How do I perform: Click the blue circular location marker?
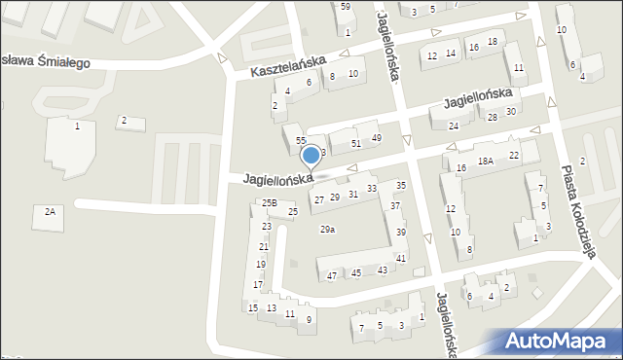(x=311, y=155)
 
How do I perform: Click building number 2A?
(x=49, y=211)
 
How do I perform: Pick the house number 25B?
(x=270, y=202)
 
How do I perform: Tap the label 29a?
(x=328, y=230)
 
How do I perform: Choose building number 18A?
(x=486, y=162)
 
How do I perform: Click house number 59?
(x=346, y=7)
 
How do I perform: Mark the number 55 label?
(x=301, y=141)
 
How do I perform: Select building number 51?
(x=356, y=143)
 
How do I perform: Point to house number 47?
(x=332, y=276)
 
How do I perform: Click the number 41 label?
(x=400, y=258)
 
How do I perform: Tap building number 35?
(x=400, y=185)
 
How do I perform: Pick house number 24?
(x=454, y=126)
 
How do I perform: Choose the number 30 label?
(x=510, y=111)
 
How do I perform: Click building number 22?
(x=514, y=156)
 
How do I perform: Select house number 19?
(x=261, y=265)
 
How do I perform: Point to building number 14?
(x=451, y=54)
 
